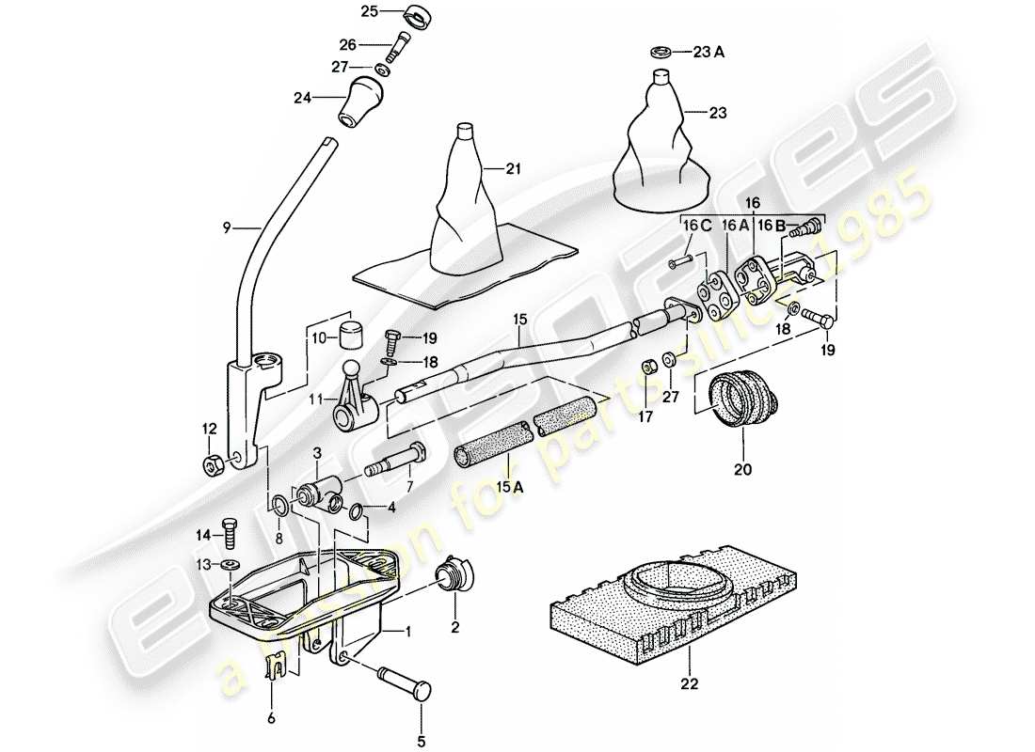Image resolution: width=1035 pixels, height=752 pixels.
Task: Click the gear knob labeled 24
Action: [363, 102]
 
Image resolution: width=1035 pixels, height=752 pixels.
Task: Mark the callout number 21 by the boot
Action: [513, 169]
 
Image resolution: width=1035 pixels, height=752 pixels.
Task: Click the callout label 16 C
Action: [693, 226]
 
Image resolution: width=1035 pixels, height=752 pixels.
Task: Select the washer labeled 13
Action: [228, 566]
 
